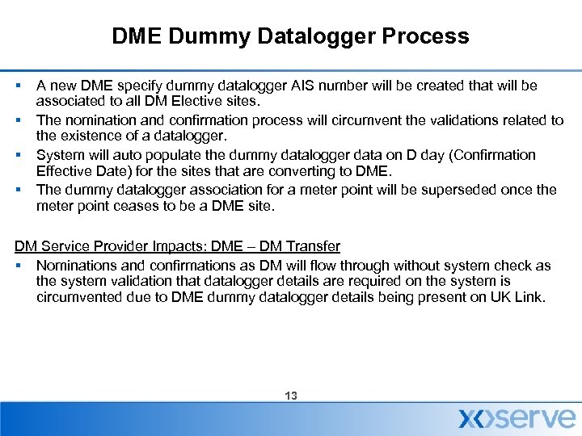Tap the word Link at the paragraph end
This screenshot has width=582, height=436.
tap(532, 297)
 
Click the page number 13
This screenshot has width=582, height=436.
tap(291, 396)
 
